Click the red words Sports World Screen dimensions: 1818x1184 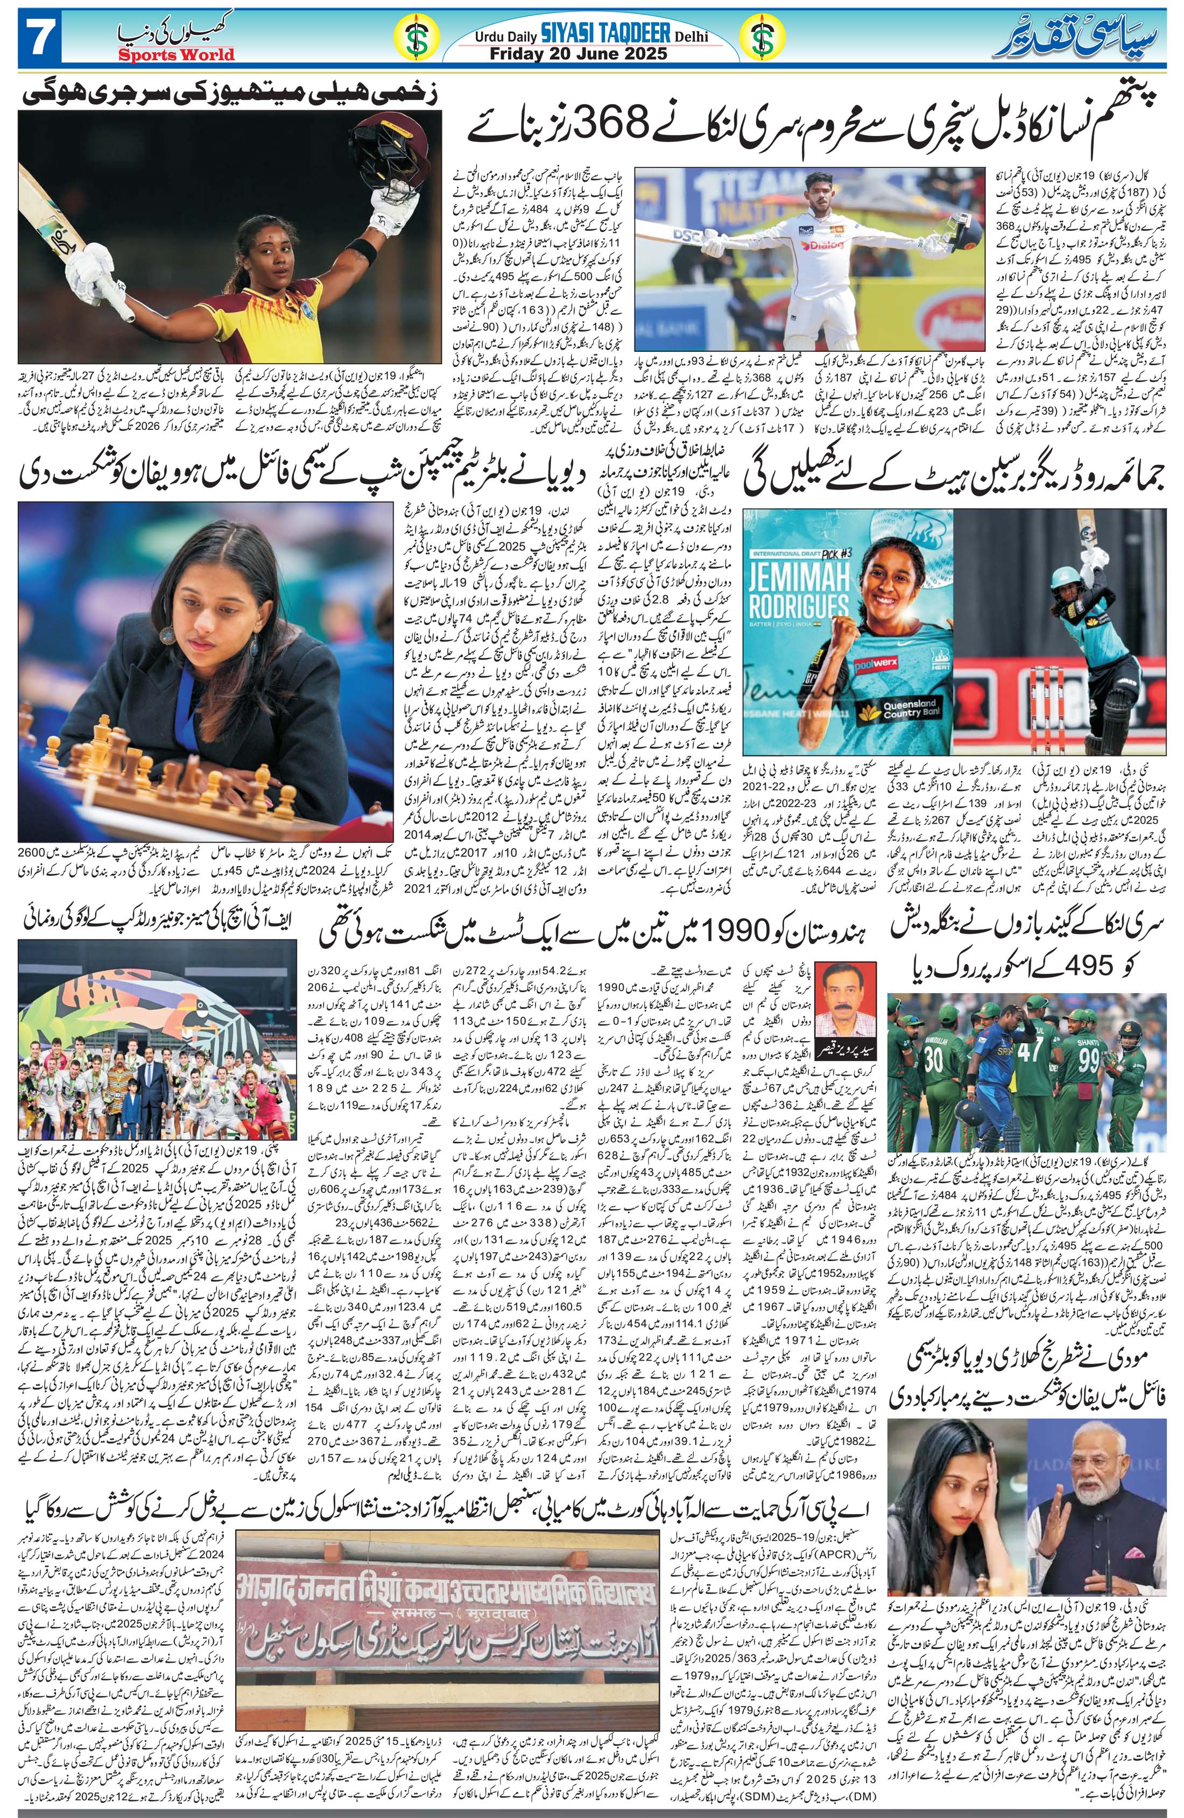click(x=177, y=55)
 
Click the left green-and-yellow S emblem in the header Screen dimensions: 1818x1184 click(x=415, y=43)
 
